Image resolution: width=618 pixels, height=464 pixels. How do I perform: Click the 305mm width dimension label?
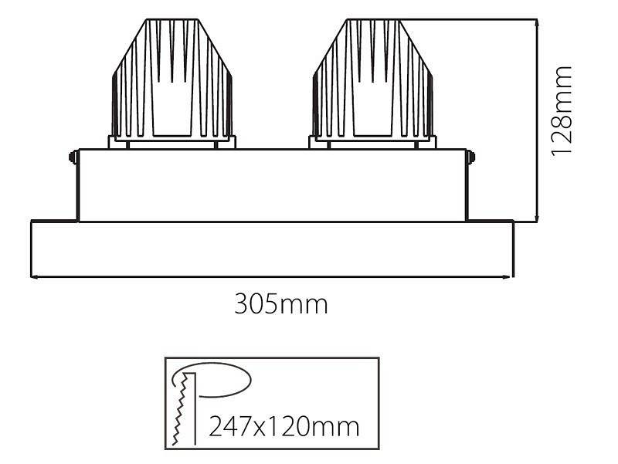click(281, 304)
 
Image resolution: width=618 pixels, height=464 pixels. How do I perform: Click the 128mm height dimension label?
click(562, 110)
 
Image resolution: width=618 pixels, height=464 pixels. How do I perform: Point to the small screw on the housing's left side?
click(73, 157)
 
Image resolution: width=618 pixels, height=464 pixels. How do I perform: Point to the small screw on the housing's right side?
click(472, 157)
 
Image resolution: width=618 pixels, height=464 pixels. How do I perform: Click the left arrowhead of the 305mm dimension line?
click(33, 277)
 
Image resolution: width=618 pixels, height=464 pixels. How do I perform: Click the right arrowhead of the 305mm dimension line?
click(511, 277)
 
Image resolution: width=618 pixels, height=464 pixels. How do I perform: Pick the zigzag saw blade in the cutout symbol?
click(184, 409)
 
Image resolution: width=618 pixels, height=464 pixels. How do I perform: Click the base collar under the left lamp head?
click(172, 142)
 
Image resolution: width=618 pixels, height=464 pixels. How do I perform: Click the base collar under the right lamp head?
click(372, 142)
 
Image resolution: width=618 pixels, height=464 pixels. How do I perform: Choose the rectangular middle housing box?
click(272, 185)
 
